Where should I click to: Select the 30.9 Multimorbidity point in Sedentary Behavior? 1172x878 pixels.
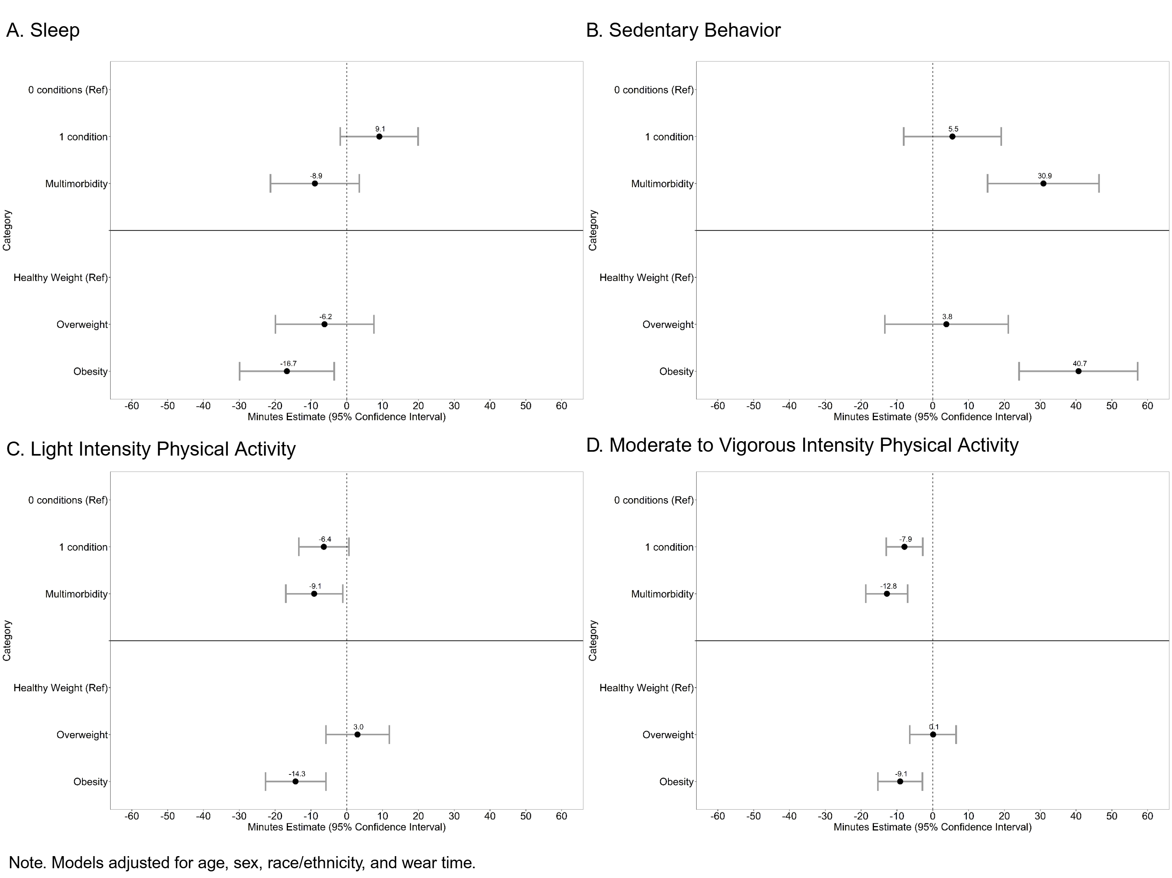[x=1043, y=183]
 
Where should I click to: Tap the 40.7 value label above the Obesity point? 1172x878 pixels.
[x=1079, y=363]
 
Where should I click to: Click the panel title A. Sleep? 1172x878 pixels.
[x=43, y=30]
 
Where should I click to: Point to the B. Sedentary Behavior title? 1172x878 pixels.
[x=683, y=30]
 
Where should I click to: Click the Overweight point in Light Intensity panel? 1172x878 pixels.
[x=357, y=735]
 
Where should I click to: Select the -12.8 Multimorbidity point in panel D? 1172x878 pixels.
[x=887, y=594]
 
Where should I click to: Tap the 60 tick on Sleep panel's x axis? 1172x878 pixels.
[x=561, y=406]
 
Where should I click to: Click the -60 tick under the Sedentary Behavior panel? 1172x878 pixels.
[x=717, y=406]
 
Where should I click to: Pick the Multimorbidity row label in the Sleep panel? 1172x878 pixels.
[x=76, y=184]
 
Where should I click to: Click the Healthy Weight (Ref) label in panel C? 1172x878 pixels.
[x=61, y=688]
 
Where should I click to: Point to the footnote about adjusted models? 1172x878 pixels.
[x=242, y=863]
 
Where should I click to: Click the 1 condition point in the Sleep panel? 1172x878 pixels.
[x=379, y=137]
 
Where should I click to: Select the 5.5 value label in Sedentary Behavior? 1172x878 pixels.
[x=953, y=129]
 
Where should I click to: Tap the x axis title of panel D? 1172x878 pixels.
[x=932, y=827]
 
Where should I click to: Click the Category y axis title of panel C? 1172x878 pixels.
[x=7, y=640]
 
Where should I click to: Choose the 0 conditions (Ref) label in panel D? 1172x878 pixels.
[x=653, y=500]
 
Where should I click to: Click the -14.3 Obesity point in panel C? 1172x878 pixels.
[x=295, y=781]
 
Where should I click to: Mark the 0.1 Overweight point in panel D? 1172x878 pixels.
[x=933, y=735]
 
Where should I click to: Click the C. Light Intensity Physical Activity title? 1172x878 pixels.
[x=151, y=449]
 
